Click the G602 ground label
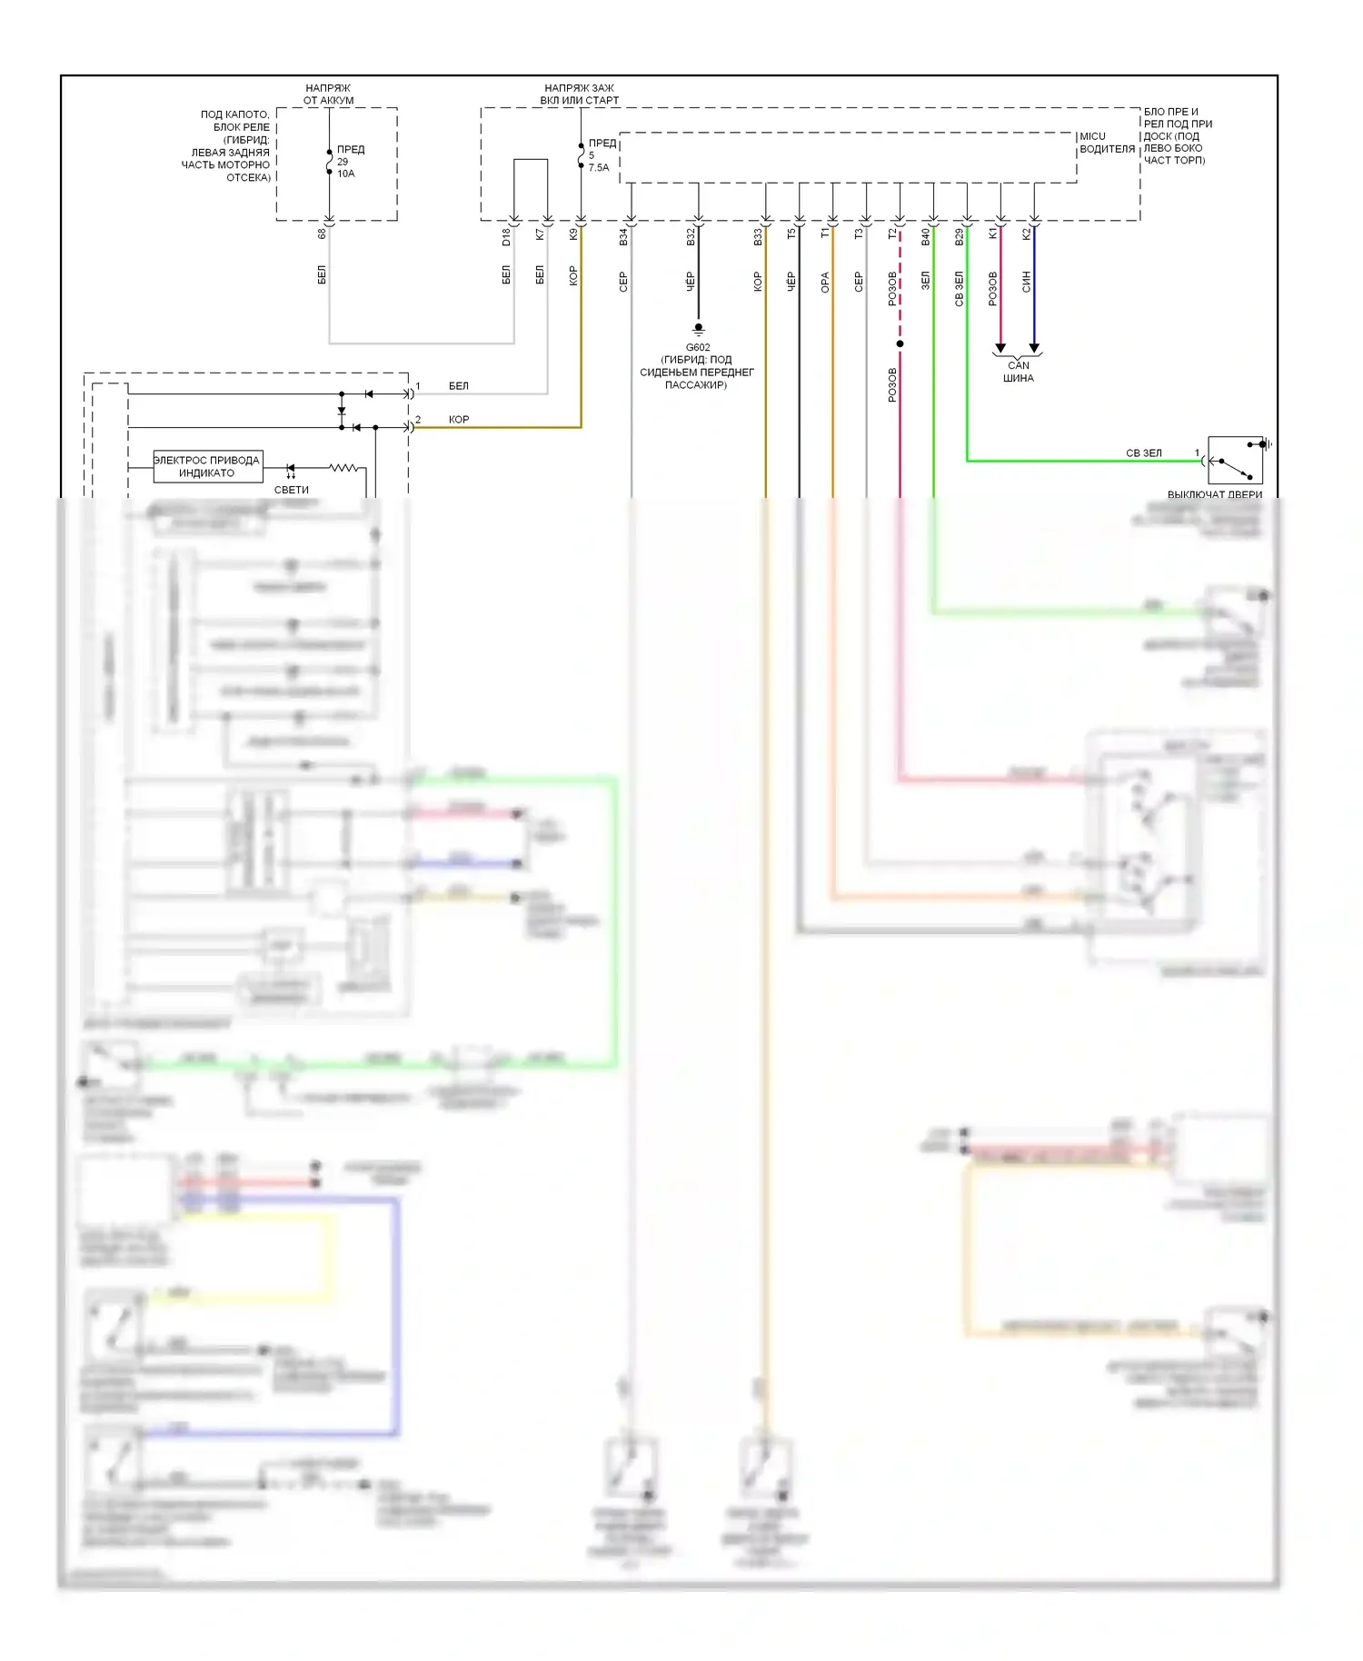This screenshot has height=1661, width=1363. tap(698, 347)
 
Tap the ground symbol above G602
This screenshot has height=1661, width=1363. tap(698, 329)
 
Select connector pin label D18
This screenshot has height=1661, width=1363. tap(506, 237)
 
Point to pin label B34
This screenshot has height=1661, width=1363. tap(623, 237)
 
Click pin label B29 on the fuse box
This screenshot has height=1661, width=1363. tap(959, 237)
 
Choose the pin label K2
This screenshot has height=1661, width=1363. tap(1027, 234)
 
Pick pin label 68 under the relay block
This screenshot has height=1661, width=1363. tap(322, 234)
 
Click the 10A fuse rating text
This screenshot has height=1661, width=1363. tap(346, 174)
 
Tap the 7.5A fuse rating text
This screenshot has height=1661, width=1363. tap(599, 168)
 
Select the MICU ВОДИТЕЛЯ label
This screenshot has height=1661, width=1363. tap(1107, 143)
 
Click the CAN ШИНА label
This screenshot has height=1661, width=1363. tap(1019, 372)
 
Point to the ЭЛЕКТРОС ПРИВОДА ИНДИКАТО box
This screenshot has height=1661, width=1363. tap(207, 466)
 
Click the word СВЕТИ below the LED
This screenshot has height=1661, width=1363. tap(292, 490)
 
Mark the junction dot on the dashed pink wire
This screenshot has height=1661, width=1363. tap(900, 344)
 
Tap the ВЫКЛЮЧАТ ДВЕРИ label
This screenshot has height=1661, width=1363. tap(1215, 494)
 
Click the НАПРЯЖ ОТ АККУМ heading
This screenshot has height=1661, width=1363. tap(329, 94)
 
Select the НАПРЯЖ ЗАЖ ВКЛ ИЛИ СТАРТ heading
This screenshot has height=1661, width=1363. tap(580, 94)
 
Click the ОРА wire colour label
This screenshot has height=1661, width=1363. tap(825, 283)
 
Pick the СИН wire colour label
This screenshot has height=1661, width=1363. tap(1027, 282)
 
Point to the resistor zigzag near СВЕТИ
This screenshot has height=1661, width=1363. tap(343, 468)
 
